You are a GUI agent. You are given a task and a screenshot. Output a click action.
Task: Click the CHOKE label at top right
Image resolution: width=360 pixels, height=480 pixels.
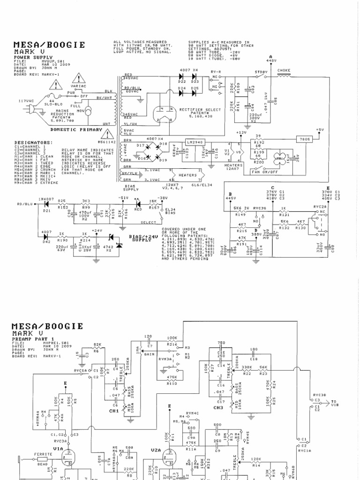(284, 71)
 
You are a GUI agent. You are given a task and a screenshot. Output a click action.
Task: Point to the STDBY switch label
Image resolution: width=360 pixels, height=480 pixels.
(261, 72)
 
